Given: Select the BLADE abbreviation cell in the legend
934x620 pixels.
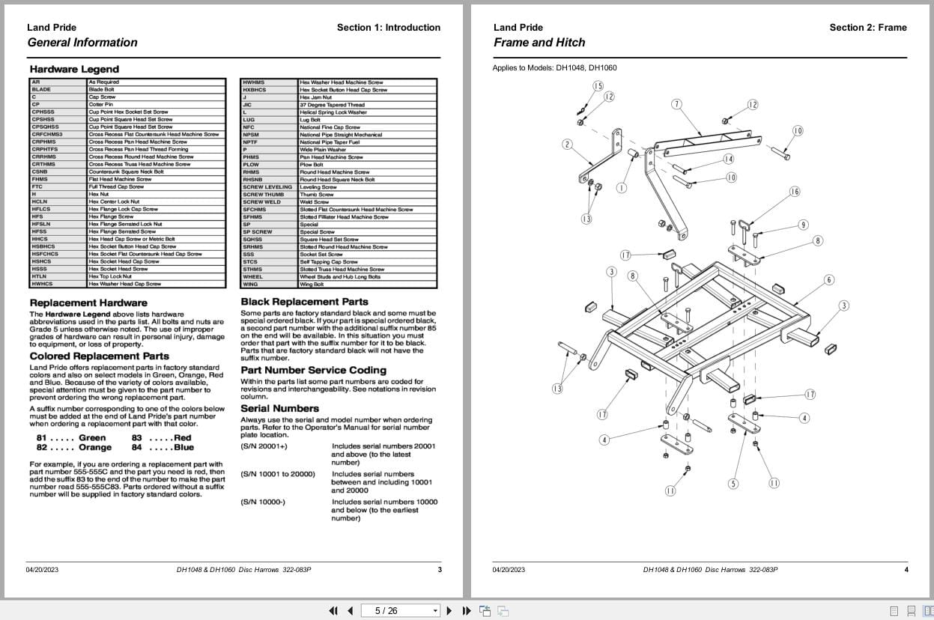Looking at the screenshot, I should click(x=42, y=89).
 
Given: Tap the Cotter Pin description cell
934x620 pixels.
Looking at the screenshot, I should click(x=100, y=104).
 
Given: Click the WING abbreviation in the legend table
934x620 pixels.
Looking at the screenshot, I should click(x=250, y=284).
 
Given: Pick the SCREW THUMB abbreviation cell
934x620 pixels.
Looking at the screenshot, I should click(x=263, y=194).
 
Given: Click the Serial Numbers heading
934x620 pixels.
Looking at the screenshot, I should click(x=279, y=408).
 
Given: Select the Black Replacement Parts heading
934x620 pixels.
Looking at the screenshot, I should click(x=304, y=302).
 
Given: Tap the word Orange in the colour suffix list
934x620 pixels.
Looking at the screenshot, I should click(x=95, y=447).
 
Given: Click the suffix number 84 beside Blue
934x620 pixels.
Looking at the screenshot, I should click(x=136, y=447).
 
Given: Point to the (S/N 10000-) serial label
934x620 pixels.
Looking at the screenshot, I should click(x=263, y=502).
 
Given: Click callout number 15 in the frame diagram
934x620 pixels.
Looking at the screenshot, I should click(x=598, y=86).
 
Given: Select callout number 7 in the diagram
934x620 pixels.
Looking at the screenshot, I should click(x=676, y=104).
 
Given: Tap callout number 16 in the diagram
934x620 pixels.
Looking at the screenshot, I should click(x=795, y=192).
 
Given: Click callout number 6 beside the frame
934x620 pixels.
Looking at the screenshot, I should click(x=829, y=280).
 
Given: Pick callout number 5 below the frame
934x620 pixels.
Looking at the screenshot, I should click(x=733, y=484).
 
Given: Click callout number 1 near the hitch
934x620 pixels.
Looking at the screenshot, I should click(x=621, y=188).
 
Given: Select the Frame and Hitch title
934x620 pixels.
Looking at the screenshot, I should click(x=539, y=43).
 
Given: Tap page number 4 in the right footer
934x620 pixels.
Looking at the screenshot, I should click(x=906, y=570).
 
